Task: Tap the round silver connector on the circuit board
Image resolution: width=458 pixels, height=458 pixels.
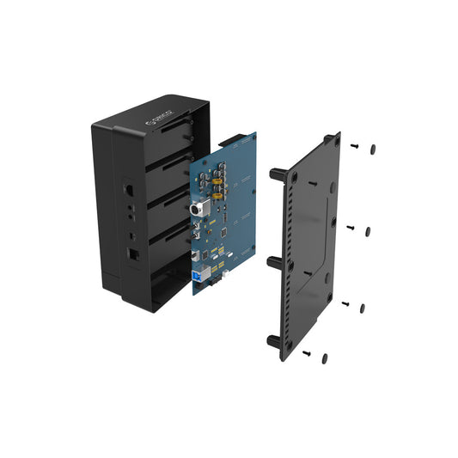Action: tap(196, 208)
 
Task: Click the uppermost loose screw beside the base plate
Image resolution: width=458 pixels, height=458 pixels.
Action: tap(354, 147)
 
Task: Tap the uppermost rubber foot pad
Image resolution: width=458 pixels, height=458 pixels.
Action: tap(373, 149)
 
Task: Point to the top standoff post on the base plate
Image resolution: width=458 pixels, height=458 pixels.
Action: tap(278, 174)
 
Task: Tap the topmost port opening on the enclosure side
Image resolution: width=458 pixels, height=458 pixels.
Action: tap(129, 188)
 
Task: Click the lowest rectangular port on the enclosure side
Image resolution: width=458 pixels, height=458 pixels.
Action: tap(133, 254)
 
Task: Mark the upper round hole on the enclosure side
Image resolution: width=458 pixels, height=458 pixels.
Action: tap(130, 207)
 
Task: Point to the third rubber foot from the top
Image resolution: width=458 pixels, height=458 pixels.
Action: tap(362, 308)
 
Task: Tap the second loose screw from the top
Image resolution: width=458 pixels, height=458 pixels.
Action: tap(350, 227)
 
